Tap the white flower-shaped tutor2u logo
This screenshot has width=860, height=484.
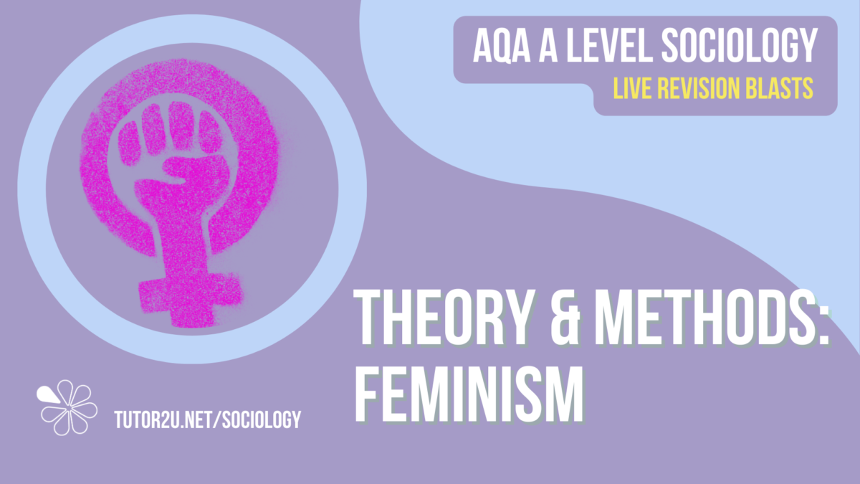tap(68, 407)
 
